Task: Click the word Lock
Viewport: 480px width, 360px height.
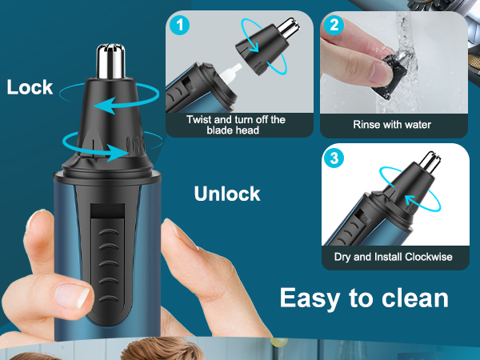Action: [x=30, y=87]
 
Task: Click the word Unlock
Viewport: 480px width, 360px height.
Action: [x=227, y=194]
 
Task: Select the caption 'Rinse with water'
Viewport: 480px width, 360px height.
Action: [x=392, y=125]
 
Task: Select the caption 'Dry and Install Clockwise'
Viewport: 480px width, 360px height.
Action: [x=392, y=258]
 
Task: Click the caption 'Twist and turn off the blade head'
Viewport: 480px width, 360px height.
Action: [x=235, y=125]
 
